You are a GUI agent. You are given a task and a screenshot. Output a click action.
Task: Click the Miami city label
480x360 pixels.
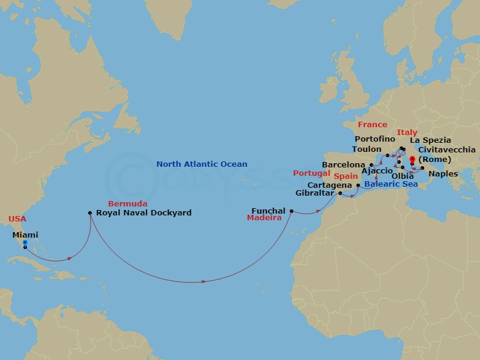coord(25,235)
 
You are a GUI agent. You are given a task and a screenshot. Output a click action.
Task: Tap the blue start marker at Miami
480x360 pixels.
coord(25,243)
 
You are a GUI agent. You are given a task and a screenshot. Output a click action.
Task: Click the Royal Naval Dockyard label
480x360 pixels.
coord(144,212)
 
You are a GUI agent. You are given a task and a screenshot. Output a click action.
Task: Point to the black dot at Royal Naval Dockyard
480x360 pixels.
coord(90,212)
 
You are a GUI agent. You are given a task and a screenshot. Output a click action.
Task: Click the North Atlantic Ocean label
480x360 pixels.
coord(202,164)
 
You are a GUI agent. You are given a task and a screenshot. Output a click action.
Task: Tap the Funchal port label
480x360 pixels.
coord(268,211)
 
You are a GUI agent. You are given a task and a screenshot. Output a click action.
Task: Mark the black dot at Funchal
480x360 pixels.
coord(292,211)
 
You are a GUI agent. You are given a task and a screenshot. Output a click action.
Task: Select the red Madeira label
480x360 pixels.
coord(265,218)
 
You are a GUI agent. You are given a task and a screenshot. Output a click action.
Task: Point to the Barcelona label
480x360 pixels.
coord(344,164)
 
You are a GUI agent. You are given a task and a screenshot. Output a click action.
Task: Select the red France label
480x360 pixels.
coord(373,125)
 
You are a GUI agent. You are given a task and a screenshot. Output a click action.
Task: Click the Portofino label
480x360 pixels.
coord(375,139)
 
